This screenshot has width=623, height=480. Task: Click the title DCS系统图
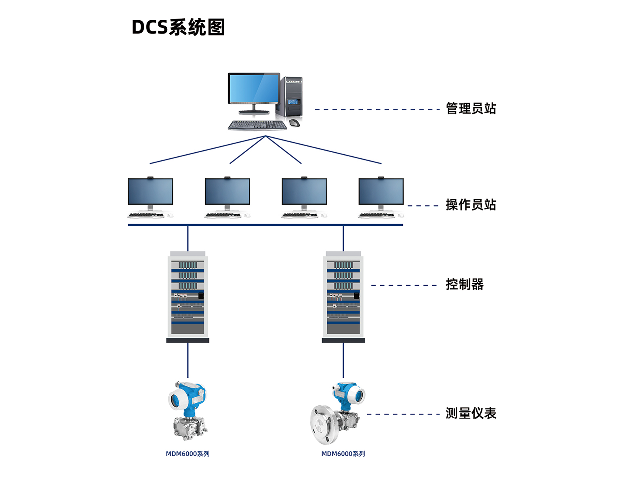(x=178, y=27)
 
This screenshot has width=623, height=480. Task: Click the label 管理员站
(x=471, y=109)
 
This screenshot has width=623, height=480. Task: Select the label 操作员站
(x=471, y=205)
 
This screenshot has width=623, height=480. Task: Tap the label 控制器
(x=465, y=284)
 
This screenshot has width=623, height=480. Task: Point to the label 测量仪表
(x=471, y=413)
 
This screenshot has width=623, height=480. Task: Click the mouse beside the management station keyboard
(x=295, y=123)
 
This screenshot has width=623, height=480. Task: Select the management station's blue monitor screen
(x=254, y=88)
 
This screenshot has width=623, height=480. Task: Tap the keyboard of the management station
(x=257, y=126)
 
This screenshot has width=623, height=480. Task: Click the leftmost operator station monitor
(x=150, y=192)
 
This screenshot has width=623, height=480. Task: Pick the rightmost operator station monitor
(x=381, y=192)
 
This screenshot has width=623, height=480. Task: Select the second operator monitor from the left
(x=227, y=192)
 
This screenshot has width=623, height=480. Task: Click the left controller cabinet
(x=187, y=297)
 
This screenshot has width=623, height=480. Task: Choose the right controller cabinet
(x=343, y=297)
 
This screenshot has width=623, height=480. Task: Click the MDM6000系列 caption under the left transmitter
(x=187, y=454)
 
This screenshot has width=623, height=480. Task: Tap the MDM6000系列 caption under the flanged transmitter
(x=343, y=454)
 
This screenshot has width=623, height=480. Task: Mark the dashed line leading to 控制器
(x=404, y=285)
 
